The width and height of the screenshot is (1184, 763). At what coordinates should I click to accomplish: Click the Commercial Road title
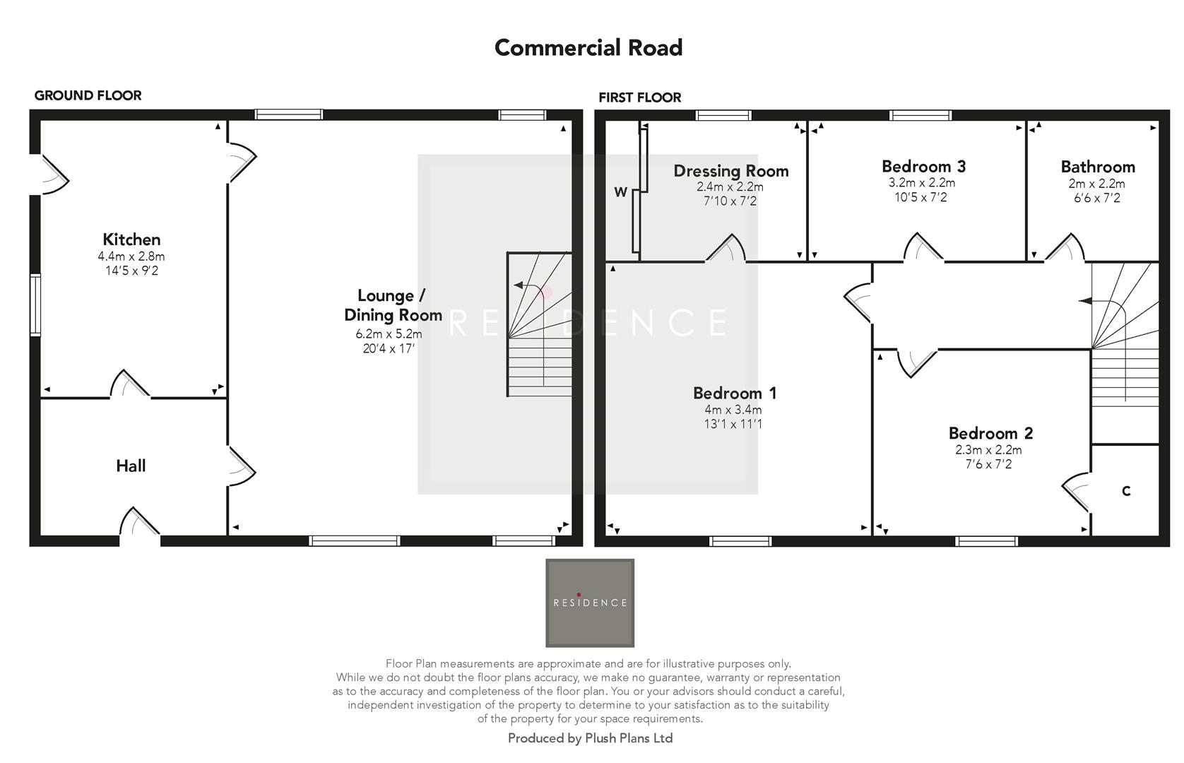[x=588, y=48]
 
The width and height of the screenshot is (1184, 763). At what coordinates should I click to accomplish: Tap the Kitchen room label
[x=131, y=239]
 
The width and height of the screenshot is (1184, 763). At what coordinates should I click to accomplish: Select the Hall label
[x=131, y=466]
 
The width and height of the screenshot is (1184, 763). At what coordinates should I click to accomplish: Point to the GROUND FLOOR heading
[x=88, y=95]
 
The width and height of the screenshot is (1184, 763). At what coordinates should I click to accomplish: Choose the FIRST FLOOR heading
[x=639, y=97]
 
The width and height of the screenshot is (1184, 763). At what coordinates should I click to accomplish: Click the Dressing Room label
[x=730, y=171]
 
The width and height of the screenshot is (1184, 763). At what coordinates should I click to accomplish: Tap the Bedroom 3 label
[x=923, y=167]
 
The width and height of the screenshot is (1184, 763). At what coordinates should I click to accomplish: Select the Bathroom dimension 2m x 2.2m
[x=1096, y=184]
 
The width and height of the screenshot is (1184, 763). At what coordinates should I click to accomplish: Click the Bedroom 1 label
[x=735, y=393]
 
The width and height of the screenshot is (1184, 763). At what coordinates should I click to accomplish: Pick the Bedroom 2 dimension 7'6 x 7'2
[x=988, y=464]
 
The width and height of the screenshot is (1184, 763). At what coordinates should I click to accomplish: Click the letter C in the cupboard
[x=1126, y=491]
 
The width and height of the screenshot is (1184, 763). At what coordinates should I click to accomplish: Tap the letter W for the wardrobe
[x=620, y=192]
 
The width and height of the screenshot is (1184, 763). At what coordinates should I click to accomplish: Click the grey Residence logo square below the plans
[x=589, y=603]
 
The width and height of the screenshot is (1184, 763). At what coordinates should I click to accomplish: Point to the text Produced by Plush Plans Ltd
[x=590, y=738]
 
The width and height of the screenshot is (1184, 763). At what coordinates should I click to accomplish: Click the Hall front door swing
[x=139, y=523]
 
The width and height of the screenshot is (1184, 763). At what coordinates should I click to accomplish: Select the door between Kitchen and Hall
[x=129, y=385]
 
